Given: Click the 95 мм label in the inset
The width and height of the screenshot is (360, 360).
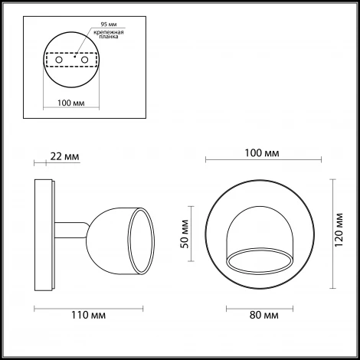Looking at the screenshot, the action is [109, 25].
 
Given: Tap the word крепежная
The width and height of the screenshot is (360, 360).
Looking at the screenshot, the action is [109, 32].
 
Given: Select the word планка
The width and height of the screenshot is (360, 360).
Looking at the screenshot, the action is [109, 37].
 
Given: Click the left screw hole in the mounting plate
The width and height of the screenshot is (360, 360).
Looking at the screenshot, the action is [59, 60].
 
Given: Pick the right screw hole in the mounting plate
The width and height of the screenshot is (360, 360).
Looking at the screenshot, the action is [84, 60].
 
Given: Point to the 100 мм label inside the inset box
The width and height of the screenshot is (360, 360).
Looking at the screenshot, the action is [71, 103].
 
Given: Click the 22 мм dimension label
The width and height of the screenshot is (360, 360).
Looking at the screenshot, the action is [64, 156].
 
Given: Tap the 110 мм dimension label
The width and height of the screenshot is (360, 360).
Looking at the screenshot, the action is [88, 315].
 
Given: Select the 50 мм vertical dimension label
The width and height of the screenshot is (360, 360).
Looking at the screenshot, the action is [185, 234].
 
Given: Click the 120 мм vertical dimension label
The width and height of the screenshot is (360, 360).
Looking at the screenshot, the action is [339, 230].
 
